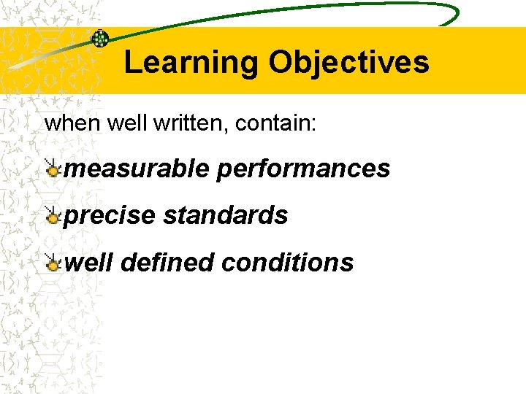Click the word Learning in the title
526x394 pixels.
pyautogui.click(x=191, y=63)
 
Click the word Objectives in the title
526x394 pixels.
pyautogui.click(x=348, y=63)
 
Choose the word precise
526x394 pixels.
pyautogui.click(x=110, y=215)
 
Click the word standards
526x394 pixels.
pyautogui.click(x=226, y=215)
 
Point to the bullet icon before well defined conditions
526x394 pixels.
pyautogui.click(x=52, y=263)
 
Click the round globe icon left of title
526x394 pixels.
pyautogui.click(x=100, y=39)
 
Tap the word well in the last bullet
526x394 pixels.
pyautogui.click(x=88, y=262)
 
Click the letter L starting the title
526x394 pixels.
pyautogui.click(x=132, y=63)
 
